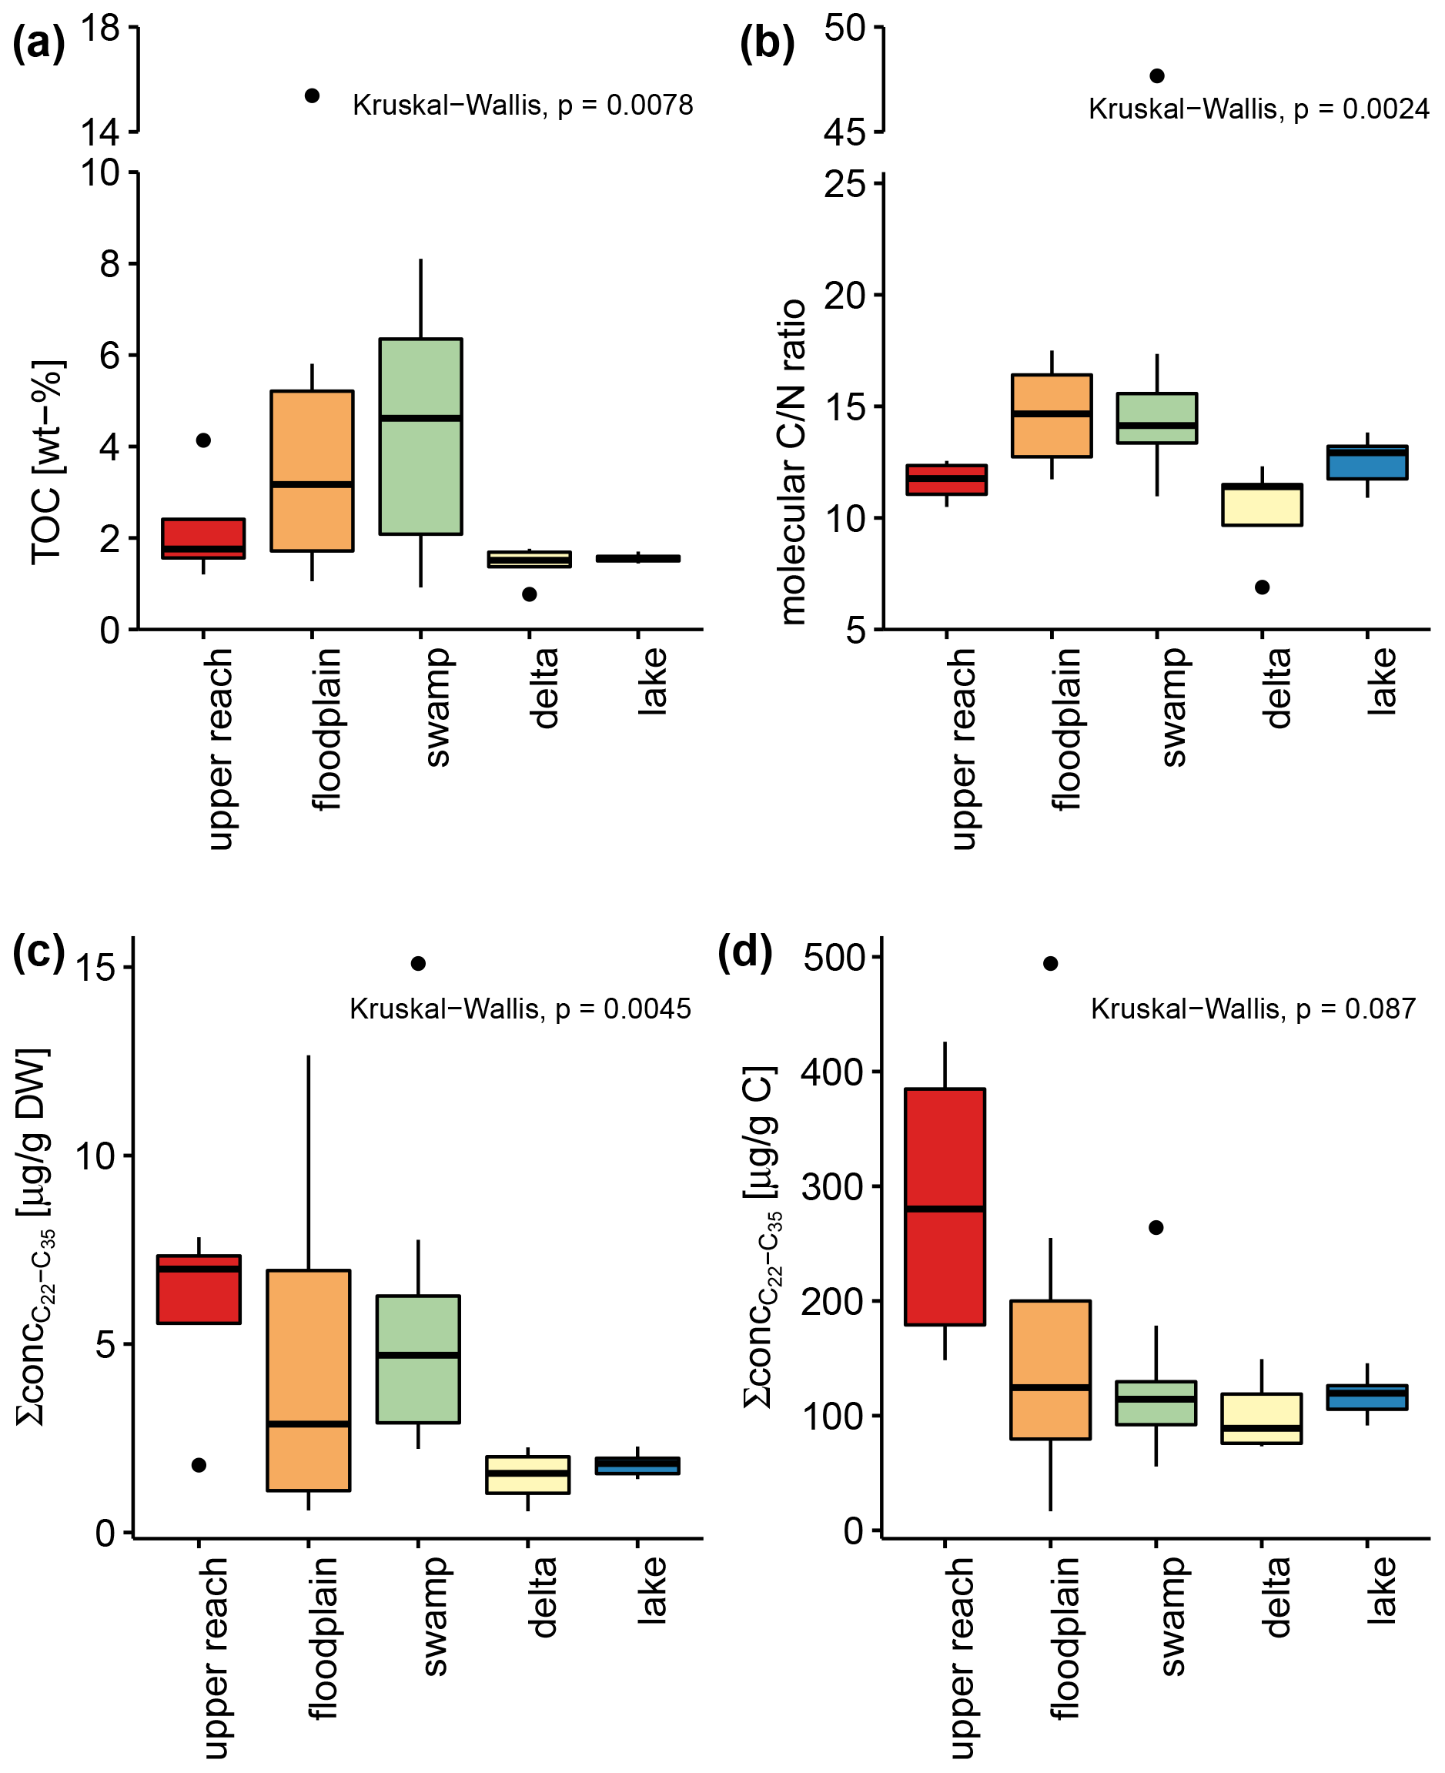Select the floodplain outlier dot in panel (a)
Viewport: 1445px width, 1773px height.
[312, 95]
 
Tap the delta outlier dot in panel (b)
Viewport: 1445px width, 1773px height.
[1262, 587]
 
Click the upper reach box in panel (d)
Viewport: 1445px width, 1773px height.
[945, 1206]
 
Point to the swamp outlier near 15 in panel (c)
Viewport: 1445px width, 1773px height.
[419, 963]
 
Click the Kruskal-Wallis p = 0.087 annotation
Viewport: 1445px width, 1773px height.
[1253, 1009]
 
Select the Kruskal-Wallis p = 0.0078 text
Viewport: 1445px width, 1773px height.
[523, 105]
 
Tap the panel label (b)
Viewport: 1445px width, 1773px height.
[767, 44]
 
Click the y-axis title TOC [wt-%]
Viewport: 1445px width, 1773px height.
[47, 463]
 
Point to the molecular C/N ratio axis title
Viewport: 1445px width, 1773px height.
[793, 462]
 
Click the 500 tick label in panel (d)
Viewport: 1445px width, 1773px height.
[834, 957]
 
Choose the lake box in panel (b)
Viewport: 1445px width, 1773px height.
[1366, 463]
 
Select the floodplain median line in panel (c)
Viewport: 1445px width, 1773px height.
[309, 1423]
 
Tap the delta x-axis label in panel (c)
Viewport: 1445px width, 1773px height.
[543, 1597]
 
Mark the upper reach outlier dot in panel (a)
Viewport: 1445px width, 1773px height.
[203, 440]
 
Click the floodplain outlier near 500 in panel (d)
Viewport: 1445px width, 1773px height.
[1051, 963]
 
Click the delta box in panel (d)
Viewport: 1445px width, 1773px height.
[1261, 1418]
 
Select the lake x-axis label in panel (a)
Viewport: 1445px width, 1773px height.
[653, 681]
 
